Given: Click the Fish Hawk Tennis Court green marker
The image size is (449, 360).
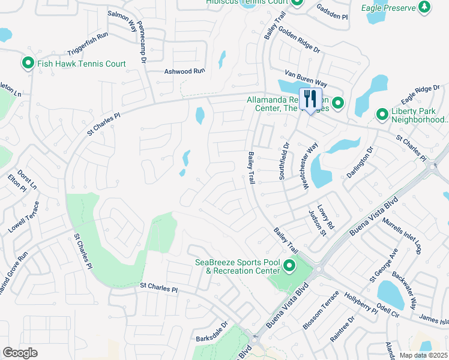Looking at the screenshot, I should click(x=28, y=63).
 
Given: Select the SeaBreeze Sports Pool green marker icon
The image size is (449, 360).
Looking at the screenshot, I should click(x=290, y=265).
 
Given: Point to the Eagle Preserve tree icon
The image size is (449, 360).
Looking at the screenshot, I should click(x=425, y=7).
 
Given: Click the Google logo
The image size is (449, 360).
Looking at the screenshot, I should click(x=20, y=352).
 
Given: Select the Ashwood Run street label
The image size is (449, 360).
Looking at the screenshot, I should click(x=185, y=71).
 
